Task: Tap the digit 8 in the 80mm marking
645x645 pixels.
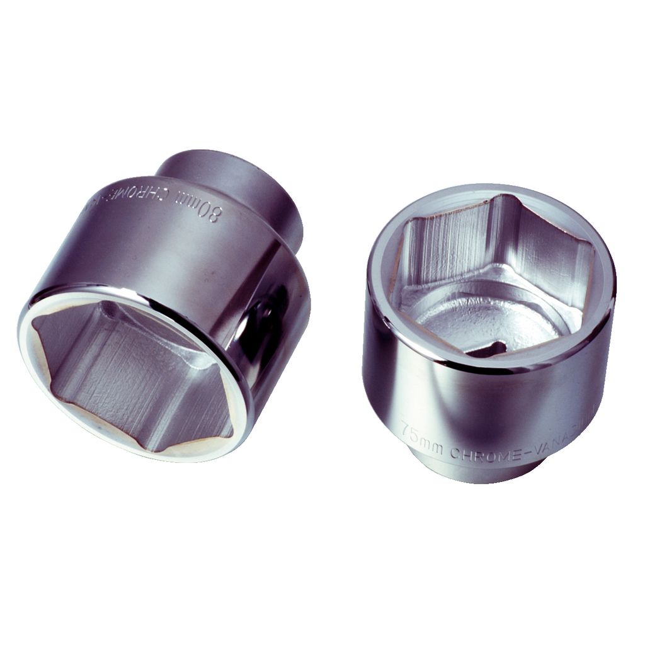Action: [216, 212]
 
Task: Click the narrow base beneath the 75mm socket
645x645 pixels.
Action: [479, 472]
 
